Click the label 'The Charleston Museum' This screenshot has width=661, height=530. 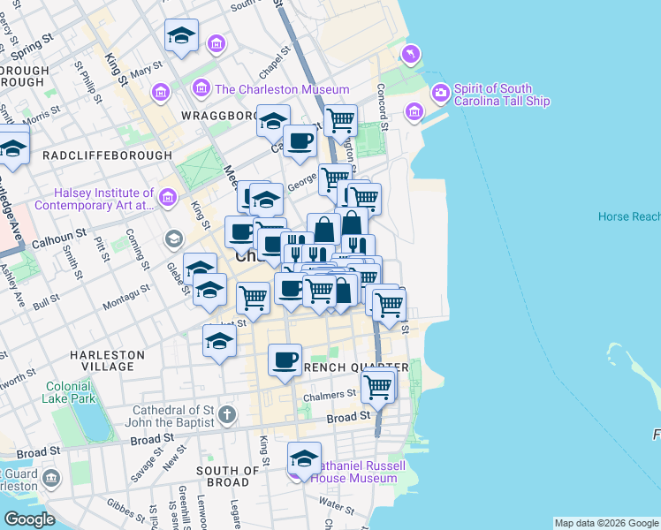[x=281, y=89]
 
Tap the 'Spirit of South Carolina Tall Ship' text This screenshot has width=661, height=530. [x=502, y=95]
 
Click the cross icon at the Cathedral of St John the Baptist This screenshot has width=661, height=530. [x=227, y=414]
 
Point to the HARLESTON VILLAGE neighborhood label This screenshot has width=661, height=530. [x=107, y=360]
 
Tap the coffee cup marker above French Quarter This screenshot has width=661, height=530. [x=285, y=360]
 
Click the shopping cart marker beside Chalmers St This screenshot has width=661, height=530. [x=378, y=386]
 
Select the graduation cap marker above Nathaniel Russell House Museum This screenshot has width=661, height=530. [x=304, y=458]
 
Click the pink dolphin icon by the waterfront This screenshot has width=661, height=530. [x=410, y=56]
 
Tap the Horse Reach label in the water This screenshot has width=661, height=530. [x=628, y=216]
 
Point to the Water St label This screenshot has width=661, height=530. [x=337, y=503]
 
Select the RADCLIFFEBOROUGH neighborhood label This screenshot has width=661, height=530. [x=107, y=155]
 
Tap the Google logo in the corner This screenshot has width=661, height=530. [x=30, y=519]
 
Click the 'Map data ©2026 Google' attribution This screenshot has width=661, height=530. [x=605, y=523]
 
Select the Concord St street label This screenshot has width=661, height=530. [x=382, y=103]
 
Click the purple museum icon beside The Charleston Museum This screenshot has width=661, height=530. [x=201, y=89]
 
